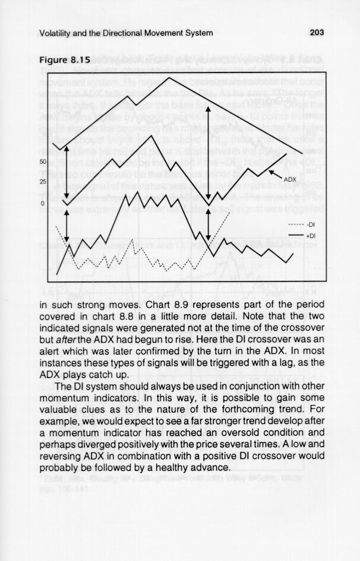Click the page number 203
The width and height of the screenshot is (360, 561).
pyautogui.click(x=316, y=33)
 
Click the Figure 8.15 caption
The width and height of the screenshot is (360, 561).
pyautogui.click(x=64, y=60)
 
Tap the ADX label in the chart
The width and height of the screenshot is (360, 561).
pyautogui.click(x=290, y=179)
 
